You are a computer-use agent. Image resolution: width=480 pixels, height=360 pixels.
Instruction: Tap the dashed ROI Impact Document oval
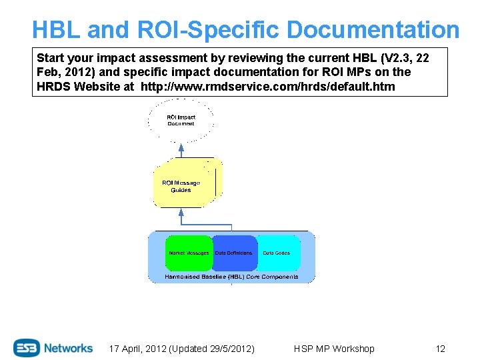[181, 120]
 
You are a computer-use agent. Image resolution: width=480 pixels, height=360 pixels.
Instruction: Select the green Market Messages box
[189, 253]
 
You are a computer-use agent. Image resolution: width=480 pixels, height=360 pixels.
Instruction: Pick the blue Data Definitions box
[234, 253]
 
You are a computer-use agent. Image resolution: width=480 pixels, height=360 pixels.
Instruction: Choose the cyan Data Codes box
[277, 253]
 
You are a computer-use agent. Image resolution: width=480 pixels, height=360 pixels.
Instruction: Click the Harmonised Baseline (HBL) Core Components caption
[231, 277]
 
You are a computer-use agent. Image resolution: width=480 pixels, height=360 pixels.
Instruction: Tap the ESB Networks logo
[53, 347]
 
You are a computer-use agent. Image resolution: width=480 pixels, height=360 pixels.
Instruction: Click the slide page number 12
[440, 349]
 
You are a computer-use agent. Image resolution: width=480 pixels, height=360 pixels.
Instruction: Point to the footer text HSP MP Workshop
[334, 349]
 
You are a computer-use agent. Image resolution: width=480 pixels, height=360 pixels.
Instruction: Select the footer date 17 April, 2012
[137, 349]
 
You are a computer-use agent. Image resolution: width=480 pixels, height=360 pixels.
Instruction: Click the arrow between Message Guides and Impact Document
[181, 150]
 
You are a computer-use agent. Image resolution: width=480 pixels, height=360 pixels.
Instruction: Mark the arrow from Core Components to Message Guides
[181, 219]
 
